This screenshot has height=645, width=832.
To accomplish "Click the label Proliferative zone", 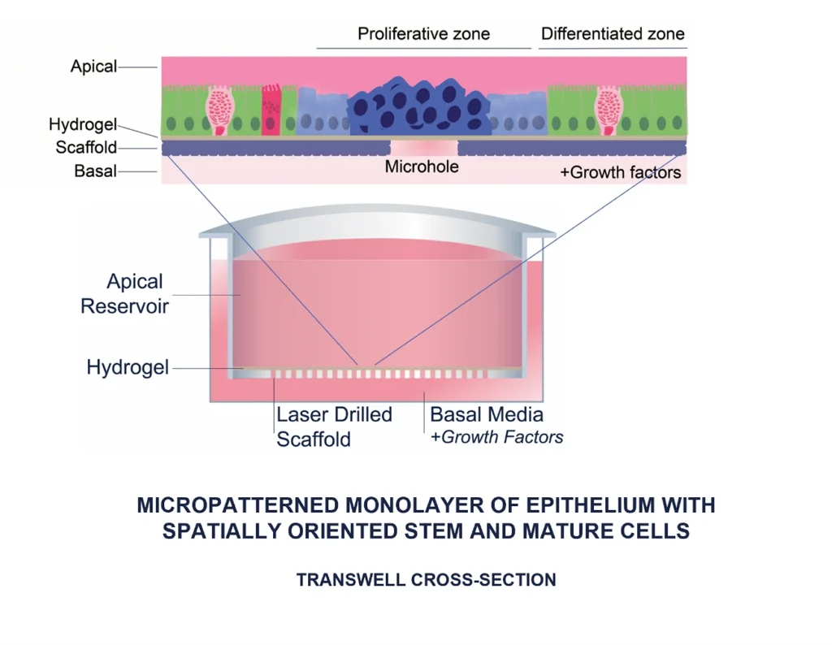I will pos(423,34).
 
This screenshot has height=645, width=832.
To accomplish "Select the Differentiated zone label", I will pos(613,34).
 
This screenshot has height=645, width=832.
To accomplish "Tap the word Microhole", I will pos(422,167).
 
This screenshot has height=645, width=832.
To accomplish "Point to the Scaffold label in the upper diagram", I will pos(86,148).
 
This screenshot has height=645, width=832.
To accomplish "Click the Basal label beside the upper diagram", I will pos(95,171).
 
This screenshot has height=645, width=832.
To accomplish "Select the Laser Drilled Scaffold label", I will pos(334,426).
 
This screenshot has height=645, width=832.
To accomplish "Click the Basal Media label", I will pos(487,414).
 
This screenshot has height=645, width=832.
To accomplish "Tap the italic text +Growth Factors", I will pos(496,437).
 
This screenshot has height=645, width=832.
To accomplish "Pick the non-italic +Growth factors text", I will pos(621,172).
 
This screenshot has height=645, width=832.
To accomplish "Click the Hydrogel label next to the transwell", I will pos(128,368).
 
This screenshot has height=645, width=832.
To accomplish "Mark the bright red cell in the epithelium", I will pos(271,110).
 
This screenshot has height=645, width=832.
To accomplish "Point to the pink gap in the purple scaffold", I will pos(423,148).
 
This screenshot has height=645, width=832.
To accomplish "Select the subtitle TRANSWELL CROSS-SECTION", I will pos(426,580).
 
